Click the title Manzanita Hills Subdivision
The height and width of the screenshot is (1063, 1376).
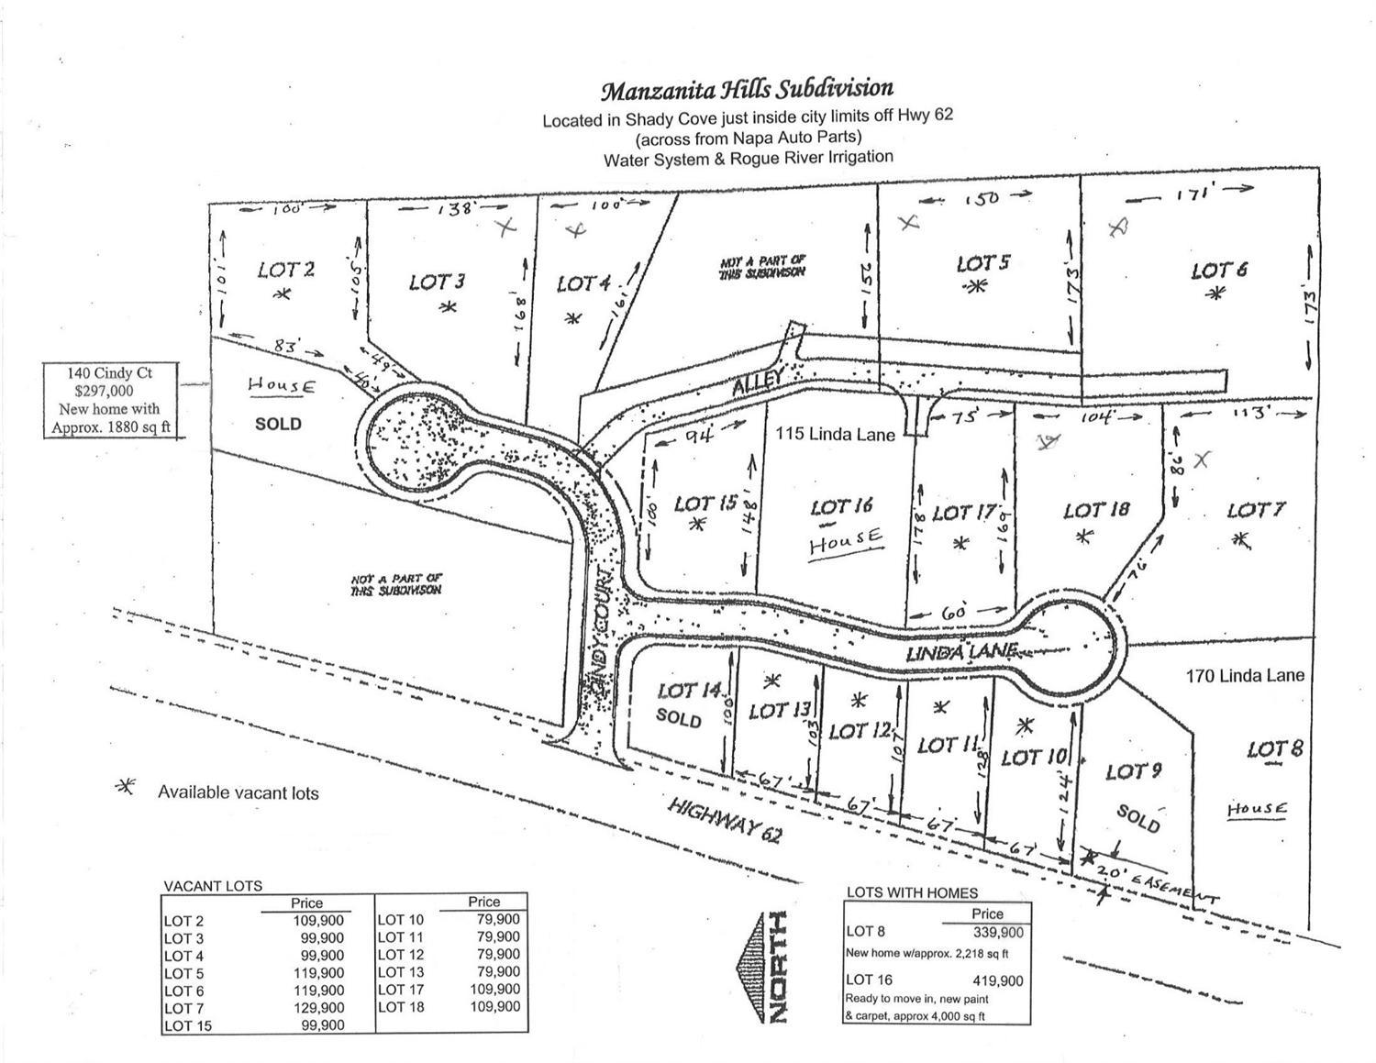pos(747,89)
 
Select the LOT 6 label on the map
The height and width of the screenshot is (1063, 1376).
pos(1219,271)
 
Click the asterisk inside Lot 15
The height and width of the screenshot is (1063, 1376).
pos(698,525)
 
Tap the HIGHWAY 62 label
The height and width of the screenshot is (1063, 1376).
pos(725,822)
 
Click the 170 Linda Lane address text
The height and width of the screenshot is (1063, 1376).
pos(1245,676)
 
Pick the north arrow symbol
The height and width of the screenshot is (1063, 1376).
pos(760,968)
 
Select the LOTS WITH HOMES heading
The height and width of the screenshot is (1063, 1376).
pos(912,891)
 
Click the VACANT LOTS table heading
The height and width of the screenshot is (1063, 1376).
pos(213,886)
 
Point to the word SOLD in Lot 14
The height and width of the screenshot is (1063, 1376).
pos(679,718)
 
